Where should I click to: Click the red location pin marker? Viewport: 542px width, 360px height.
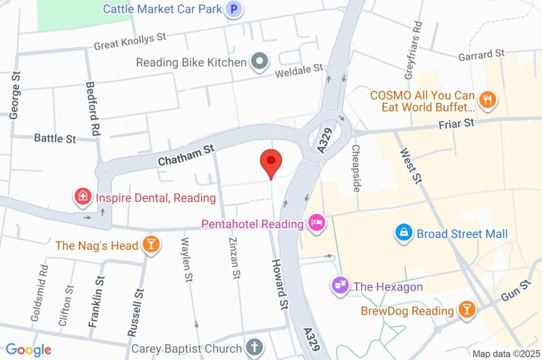pyautogui.click(x=271, y=161)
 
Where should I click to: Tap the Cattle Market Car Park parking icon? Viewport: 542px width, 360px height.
pyautogui.click(x=233, y=9)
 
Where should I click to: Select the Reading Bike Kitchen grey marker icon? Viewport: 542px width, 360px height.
pyautogui.click(x=259, y=62)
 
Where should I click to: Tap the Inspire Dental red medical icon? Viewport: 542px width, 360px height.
pyautogui.click(x=83, y=197)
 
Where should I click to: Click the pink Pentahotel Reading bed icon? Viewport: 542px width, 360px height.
pyautogui.click(x=316, y=223)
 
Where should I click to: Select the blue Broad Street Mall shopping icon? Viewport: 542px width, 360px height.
pyautogui.click(x=404, y=233)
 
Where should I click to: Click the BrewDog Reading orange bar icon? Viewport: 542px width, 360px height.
pyautogui.click(x=466, y=310)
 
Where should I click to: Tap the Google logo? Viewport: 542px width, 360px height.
pyautogui.click(x=29, y=350)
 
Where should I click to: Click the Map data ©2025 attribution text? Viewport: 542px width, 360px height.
pyautogui.click(x=506, y=354)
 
